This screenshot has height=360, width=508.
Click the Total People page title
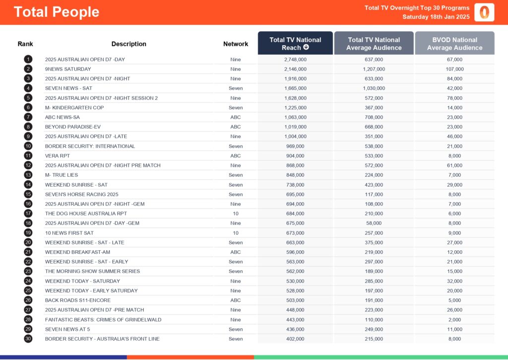click(x=57, y=12)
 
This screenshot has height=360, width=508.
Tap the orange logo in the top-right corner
click(x=484, y=12)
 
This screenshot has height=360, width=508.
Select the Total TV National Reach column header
click(x=295, y=44)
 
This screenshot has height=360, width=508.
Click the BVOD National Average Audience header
click(x=454, y=44)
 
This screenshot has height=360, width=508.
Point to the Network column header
click(x=236, y=44)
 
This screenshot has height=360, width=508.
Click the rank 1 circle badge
click(x=28, y=60)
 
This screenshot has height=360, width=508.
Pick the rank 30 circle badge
click(x=28, y=339)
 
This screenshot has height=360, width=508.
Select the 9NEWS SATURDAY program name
click(x=68, y=69)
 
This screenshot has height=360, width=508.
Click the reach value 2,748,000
click(x=295, y=60)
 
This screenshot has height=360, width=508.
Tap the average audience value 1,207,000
click(x=374, y=69)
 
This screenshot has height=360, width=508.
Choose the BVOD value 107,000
click(x=454, y=69)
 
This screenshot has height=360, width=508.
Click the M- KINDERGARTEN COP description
click(x=74, y=108)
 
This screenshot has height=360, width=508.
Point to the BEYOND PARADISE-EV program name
click(x=73, y=127)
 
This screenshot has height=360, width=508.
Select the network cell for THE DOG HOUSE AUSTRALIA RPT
click(x=236, y=214)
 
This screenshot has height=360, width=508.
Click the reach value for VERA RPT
click(x=295, y=156)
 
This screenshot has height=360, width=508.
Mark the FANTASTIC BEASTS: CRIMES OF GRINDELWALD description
click(x=103, y=320)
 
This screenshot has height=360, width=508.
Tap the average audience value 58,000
click(x=374, y=223)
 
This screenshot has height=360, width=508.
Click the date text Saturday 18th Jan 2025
click(x=436, y=17)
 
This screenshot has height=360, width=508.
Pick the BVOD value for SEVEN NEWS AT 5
click(x=454, y=329)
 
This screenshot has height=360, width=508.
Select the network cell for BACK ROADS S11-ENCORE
click(x=236, y=300)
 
